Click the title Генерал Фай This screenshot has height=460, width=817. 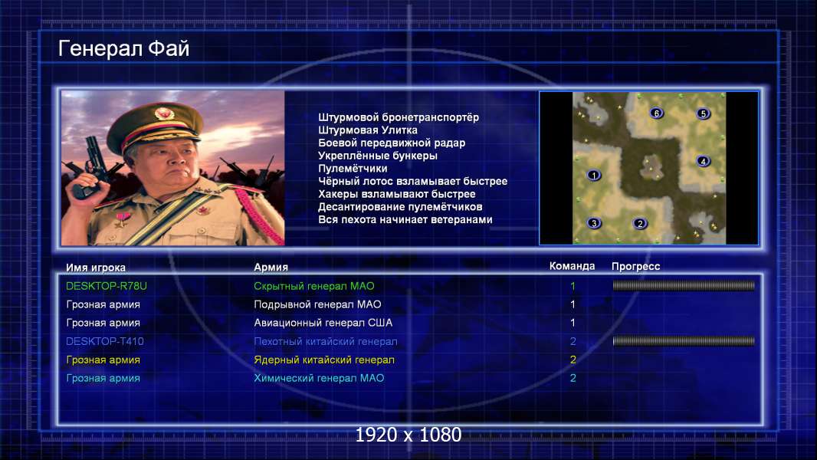point(123,48)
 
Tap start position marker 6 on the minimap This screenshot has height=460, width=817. point(657,113)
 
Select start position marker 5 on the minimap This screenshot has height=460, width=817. point(703,113)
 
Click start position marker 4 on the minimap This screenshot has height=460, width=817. point(703,161)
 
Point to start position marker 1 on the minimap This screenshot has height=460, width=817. point(593,175)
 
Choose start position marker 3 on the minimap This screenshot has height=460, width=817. point(594,223)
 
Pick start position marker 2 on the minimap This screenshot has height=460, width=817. point(640,224)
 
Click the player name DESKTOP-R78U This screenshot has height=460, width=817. point(107,286)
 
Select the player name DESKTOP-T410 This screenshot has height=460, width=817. point(105,341)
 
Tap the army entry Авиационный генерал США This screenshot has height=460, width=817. point(323,323)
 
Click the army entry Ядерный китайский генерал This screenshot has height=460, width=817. point(324,360)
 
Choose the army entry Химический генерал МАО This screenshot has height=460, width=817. point(319,378)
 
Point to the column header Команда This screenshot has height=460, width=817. point(572,266)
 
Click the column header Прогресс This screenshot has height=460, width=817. point(635,266)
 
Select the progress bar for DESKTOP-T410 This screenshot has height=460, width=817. point(684,341)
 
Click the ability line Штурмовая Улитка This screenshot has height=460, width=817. point(368,130)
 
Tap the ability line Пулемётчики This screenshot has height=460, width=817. point(353,169)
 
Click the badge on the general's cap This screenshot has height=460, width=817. point(163,113)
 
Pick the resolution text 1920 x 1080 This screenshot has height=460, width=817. point(408,435)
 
